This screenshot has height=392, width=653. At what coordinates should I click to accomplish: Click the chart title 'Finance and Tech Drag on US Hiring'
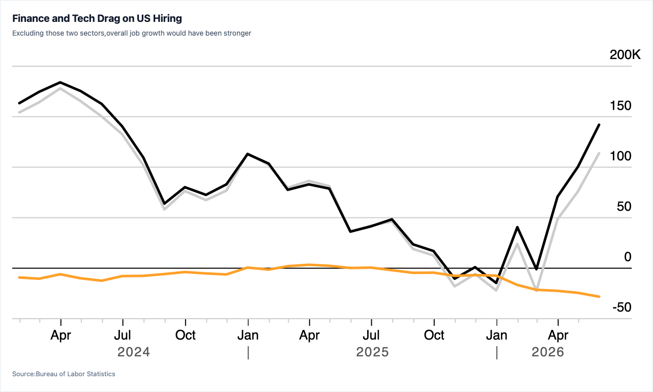[x=97, y=18]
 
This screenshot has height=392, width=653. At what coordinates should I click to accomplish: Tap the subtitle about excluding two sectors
[x=132, y=33]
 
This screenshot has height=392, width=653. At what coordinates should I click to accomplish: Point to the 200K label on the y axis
[x=625, y=54]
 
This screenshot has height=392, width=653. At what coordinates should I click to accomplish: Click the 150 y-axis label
[x=620, y=106]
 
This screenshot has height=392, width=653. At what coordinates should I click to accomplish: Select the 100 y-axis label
[x=620, y=156]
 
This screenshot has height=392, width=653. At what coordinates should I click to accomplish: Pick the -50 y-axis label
[x=622, y=307]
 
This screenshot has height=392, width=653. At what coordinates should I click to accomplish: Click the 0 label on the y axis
[x=628, y=257]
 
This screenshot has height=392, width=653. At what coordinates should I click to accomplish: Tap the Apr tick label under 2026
[x=558, y=335]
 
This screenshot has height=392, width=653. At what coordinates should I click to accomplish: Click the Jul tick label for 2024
[x=123, y=335]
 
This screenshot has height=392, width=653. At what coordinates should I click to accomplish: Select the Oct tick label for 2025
[x=434, y=335]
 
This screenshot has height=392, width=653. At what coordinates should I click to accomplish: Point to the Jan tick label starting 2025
[x=248, y=335]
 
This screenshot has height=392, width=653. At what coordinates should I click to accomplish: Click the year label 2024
[x=134, y=352]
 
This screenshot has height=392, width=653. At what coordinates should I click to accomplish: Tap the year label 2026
[x=548, y=352]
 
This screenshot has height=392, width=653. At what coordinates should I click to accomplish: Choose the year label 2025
[x=372, y=352]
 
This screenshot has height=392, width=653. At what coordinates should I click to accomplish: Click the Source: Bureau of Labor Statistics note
[x=64, y=374]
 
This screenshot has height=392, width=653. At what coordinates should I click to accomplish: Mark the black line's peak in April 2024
[x=61, y=82]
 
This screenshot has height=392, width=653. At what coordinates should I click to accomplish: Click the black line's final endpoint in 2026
[x=599, y=125]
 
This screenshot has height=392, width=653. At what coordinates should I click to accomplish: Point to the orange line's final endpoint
[x=599, y=297]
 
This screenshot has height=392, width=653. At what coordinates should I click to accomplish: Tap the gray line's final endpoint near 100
[x=599, y=153]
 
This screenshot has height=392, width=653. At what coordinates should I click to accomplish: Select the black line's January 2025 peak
[x=248, y=154]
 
